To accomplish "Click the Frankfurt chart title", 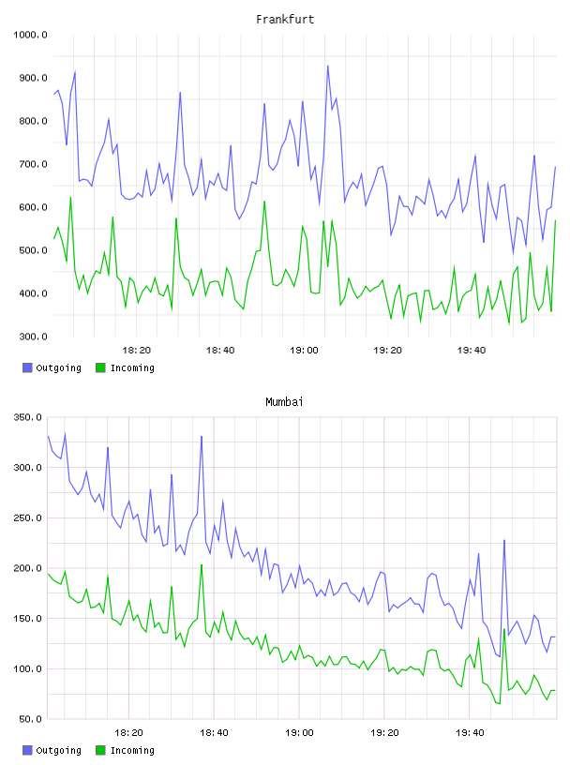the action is click(x=285, y=19).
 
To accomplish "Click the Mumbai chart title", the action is click(x=284, y=401).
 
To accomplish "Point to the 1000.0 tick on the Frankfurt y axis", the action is click(x=30, y=35).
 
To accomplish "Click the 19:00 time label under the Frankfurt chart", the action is click(x=304, y=350).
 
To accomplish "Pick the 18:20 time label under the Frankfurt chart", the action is click(x=136, y=350).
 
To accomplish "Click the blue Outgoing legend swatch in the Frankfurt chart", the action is click(x=27, y=367).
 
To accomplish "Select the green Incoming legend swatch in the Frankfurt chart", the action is click(x=100, y=367).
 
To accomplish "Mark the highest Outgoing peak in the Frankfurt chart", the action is click(x=328, y=66).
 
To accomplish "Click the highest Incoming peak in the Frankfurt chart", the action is click(x=70, y=197).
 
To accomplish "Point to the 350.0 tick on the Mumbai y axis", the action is click(x=27, y=417).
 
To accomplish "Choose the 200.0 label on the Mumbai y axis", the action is click(x=27, y=568).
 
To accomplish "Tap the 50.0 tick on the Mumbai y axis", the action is click(x=30, y=719).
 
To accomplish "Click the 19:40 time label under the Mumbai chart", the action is click(x=470, y=732).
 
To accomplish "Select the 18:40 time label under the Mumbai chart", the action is click(x=214, y=732).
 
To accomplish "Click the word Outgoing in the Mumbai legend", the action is click(x=58, y=750).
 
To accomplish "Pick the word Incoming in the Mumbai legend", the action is click(x=132, y=750).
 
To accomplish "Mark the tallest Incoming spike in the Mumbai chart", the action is click(x=202, y=564).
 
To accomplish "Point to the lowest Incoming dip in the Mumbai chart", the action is click(x=500, y=703).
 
